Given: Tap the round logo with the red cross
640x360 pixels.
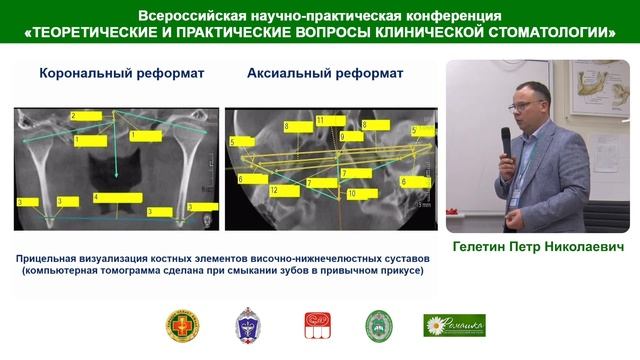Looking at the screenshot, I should [x=182, y=325].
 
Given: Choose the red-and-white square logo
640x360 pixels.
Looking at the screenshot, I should [x=315, y=325].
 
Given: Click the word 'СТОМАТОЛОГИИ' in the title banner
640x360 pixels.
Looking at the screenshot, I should [x=543, y=32].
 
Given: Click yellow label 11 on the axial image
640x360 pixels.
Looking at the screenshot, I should [x=333, y=120].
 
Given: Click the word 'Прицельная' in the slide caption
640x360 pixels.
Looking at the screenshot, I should [x=57, y=259].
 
